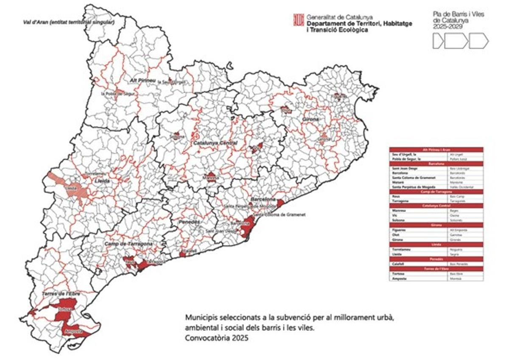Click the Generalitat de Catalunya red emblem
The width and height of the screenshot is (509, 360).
point(299,20)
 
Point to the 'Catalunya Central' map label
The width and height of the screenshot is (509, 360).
point(215,143)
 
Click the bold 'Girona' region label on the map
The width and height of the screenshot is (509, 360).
point(311,120)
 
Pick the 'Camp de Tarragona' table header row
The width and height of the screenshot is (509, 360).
point(436,192)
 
